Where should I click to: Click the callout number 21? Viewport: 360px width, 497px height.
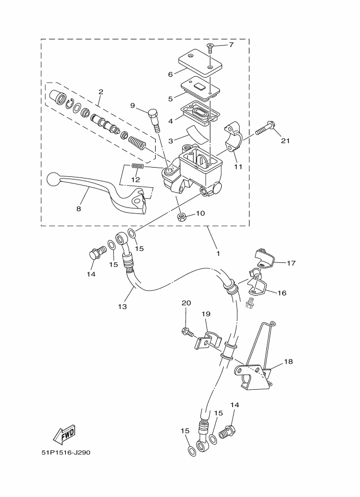click(x=285, y=140)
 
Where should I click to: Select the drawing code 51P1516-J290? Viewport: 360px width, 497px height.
click(x=66, y=452)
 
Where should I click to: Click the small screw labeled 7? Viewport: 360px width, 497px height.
click(x=210, y=48)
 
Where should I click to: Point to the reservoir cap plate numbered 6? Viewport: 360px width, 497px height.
click(x=199, y=63)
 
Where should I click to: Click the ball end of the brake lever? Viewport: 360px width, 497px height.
click(x=52, y=180)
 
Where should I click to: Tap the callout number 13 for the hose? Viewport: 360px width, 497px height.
click(x=123, y=306)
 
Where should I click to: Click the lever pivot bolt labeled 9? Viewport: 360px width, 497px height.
click(x=155, y=120)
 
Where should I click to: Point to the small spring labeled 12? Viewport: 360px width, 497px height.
click(x=138, y=166)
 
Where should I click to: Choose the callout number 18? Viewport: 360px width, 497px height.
click(x=288, y=361)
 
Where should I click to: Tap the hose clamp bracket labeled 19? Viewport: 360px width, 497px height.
click(x=208, y=341)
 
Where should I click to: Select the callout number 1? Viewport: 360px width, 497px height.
click(x=218, y=253)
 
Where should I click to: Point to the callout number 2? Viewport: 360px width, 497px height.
click(x=101, y=92)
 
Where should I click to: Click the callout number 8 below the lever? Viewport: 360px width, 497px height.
click(x=78, y=208)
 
